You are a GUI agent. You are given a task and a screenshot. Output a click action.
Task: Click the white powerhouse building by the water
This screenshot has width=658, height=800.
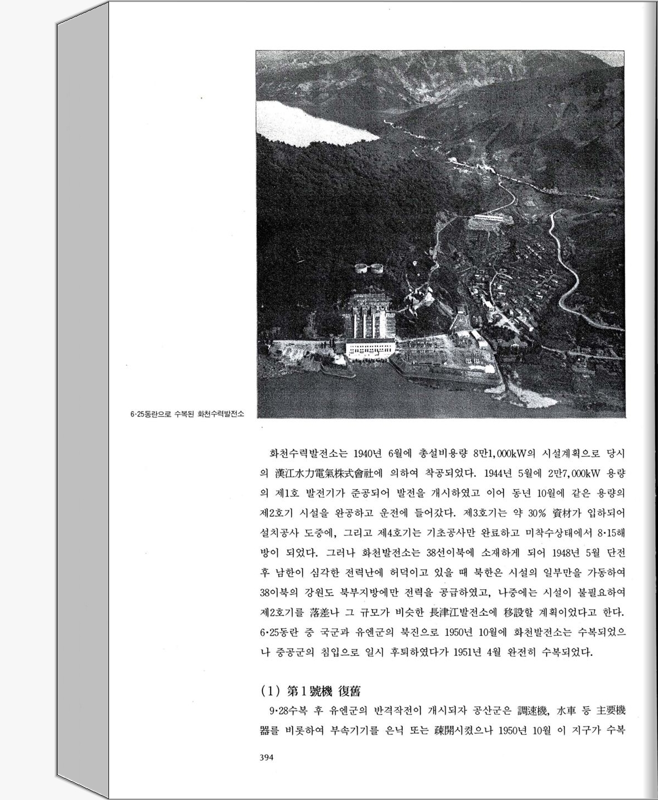tap(370, 349)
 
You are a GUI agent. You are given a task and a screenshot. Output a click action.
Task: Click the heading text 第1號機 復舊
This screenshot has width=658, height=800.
tap(324, 691)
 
